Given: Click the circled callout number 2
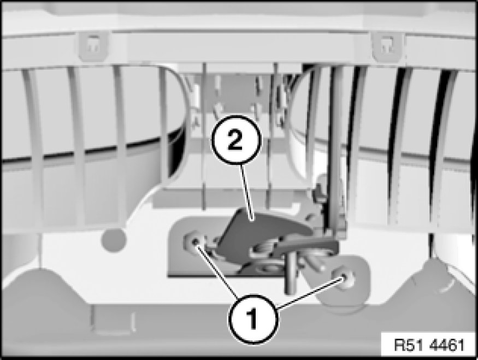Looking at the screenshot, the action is [x=237, y=140].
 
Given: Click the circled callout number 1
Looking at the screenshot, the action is [x=253, y=318].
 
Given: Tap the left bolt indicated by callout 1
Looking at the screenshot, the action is [x=194, y=241].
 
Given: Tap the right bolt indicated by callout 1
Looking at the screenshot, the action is [x=344, y=276].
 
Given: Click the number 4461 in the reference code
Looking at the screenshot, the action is [x=447, y=345].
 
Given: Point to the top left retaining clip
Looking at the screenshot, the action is [x=93, y=46].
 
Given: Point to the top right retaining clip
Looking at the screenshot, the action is [x=387, y=46].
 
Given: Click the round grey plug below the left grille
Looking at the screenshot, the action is [x=114, y=240].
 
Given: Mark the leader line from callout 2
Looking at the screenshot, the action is [x=246, y=192].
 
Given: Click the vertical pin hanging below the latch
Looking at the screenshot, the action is [x=291, y=273].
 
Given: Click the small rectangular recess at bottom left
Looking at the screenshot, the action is [x=113, y=318].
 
